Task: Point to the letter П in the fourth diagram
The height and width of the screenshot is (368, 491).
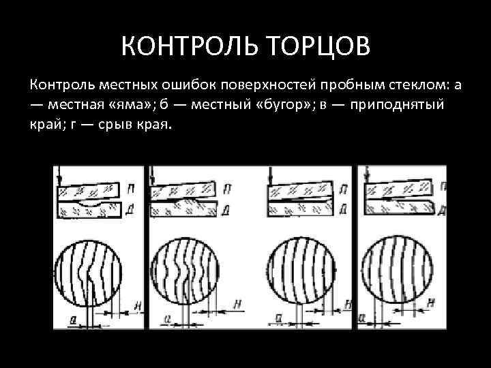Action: click(x=443, y=187)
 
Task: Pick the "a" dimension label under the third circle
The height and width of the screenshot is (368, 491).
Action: click(x=278, y=318)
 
